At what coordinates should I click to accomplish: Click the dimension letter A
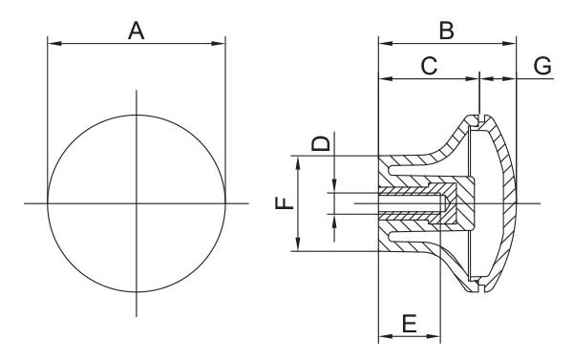click(137, 31)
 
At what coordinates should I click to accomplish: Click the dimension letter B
click(447, 31)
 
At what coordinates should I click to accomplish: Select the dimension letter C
click(429, 66)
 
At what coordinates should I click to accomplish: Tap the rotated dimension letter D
click(321, 143)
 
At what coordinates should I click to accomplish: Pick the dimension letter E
click(410, 324)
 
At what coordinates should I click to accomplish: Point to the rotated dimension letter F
click(285, 202)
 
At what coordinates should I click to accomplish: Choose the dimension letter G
click(542, 66)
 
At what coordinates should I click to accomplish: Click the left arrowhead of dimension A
click(54, 44)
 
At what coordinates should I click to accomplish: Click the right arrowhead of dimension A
click(219, 44)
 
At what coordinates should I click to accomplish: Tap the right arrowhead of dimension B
click(509, 44)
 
